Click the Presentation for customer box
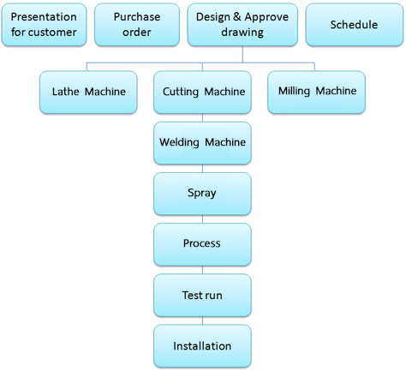pyautogui.click(x=44, y=25)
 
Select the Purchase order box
pyautogui.click(x=137, y=25)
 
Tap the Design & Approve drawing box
pyautogui.click(x=242, y=25)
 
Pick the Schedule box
pyautogui.click(x=355, y=25)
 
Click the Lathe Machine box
pyautogui.click(x=88, y=93)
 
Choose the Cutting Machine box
pyautogui.click(x=202, y=93)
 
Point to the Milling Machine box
pyautogui.click(x=316, y=93)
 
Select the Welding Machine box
pyautogui.click(x=202, y=143)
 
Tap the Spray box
pyautogui.click(x=202, y=194)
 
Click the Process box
pyautogui.click(x=202, y=244)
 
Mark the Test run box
pyautogui.click(x=202, y=295)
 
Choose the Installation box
pyautogui.click(x=202, y=346)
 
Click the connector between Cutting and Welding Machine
pyautogui.click(x=202, y=117)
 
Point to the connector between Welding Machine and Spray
pyautogui.click(x=202, y=169)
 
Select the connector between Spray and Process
pyautogui.click(x=202, y=219)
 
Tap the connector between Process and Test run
pyautogui.click(x=202, y=270)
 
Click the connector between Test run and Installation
pyautogui.click(x=202, y=320)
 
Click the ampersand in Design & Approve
pyautogui.click(x=237, y=17)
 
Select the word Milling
pyautogui.click(x=294, y=92)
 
